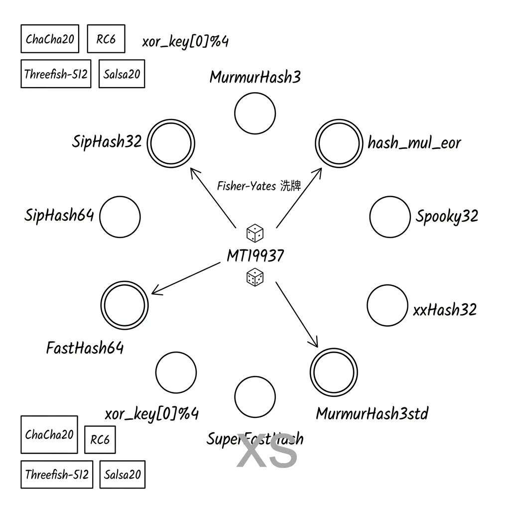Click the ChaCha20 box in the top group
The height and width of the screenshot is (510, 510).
(x=50, y=39)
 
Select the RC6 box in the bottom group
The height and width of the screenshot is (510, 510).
(x=100, y=440)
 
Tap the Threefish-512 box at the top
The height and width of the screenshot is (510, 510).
(x=56, y=74)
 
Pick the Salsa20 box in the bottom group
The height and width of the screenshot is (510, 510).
(x=123, y=475)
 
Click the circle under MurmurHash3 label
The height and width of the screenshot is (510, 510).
(x=255, y=113)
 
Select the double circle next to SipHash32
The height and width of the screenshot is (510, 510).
(x=171, y=144)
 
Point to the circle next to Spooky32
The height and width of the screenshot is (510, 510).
(x=390, y=217)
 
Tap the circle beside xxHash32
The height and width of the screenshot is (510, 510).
(x=387, y=305)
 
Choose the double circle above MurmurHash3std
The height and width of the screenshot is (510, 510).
(x=334, y=373)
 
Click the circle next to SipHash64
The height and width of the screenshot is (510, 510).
(x=120, y=217)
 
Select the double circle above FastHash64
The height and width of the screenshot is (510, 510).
(x=125, y=304)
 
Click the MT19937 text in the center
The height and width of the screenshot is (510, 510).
(x=255, y=255)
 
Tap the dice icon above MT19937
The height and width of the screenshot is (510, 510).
(x=255, y=233)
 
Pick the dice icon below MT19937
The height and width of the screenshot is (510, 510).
(x=255, y=278)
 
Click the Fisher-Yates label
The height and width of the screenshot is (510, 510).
(x=259, y=186)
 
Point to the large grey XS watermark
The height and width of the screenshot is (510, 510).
(x=267, y=451)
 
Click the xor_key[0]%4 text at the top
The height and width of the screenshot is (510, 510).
(x=185, y=41)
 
